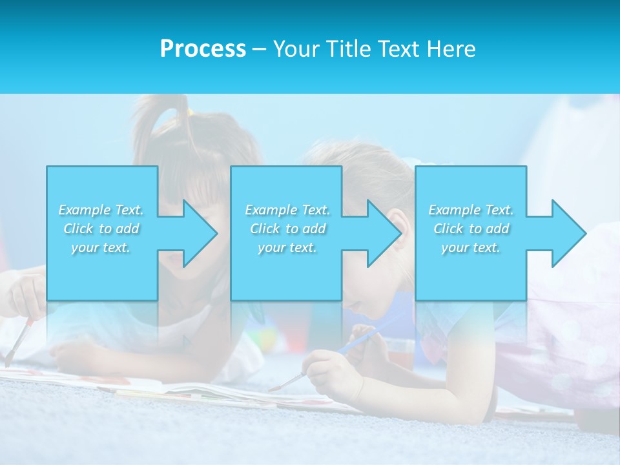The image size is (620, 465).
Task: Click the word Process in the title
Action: [x=203, y=49]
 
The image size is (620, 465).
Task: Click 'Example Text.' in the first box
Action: [x=101, y=210]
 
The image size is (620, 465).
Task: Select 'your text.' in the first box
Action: [x=101, y=247]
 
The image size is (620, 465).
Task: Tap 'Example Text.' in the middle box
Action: [x=287, y=210]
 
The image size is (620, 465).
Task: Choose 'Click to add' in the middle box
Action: [x=287, y=229]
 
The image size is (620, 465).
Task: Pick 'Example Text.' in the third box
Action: [x=471, y=210]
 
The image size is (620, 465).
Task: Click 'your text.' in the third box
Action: [x=471, y=247]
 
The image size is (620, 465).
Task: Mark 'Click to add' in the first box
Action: [x=101, y=229]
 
